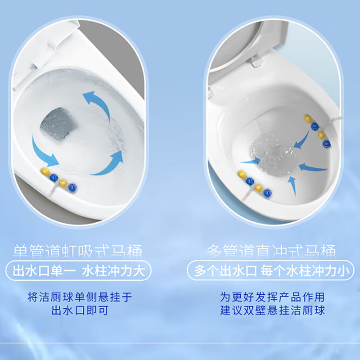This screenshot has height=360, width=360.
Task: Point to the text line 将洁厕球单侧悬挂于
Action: pyautogui.click(x=80, y=297)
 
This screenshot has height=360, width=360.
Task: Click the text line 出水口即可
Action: pyautogui.click(x=80, y=310)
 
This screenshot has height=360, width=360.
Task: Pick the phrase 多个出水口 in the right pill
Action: pyautogui.click(x=225, y=271)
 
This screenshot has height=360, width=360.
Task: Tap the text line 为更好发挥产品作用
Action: pyautogui.click(x=272, y=297)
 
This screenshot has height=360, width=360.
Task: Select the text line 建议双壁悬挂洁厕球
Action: pyautogui.click(x=272, y=310)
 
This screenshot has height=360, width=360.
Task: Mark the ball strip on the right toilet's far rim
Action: pyautogui.click(x=318, y=130)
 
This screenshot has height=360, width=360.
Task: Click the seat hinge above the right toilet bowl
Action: pyautogui.click(x=256, y=61)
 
